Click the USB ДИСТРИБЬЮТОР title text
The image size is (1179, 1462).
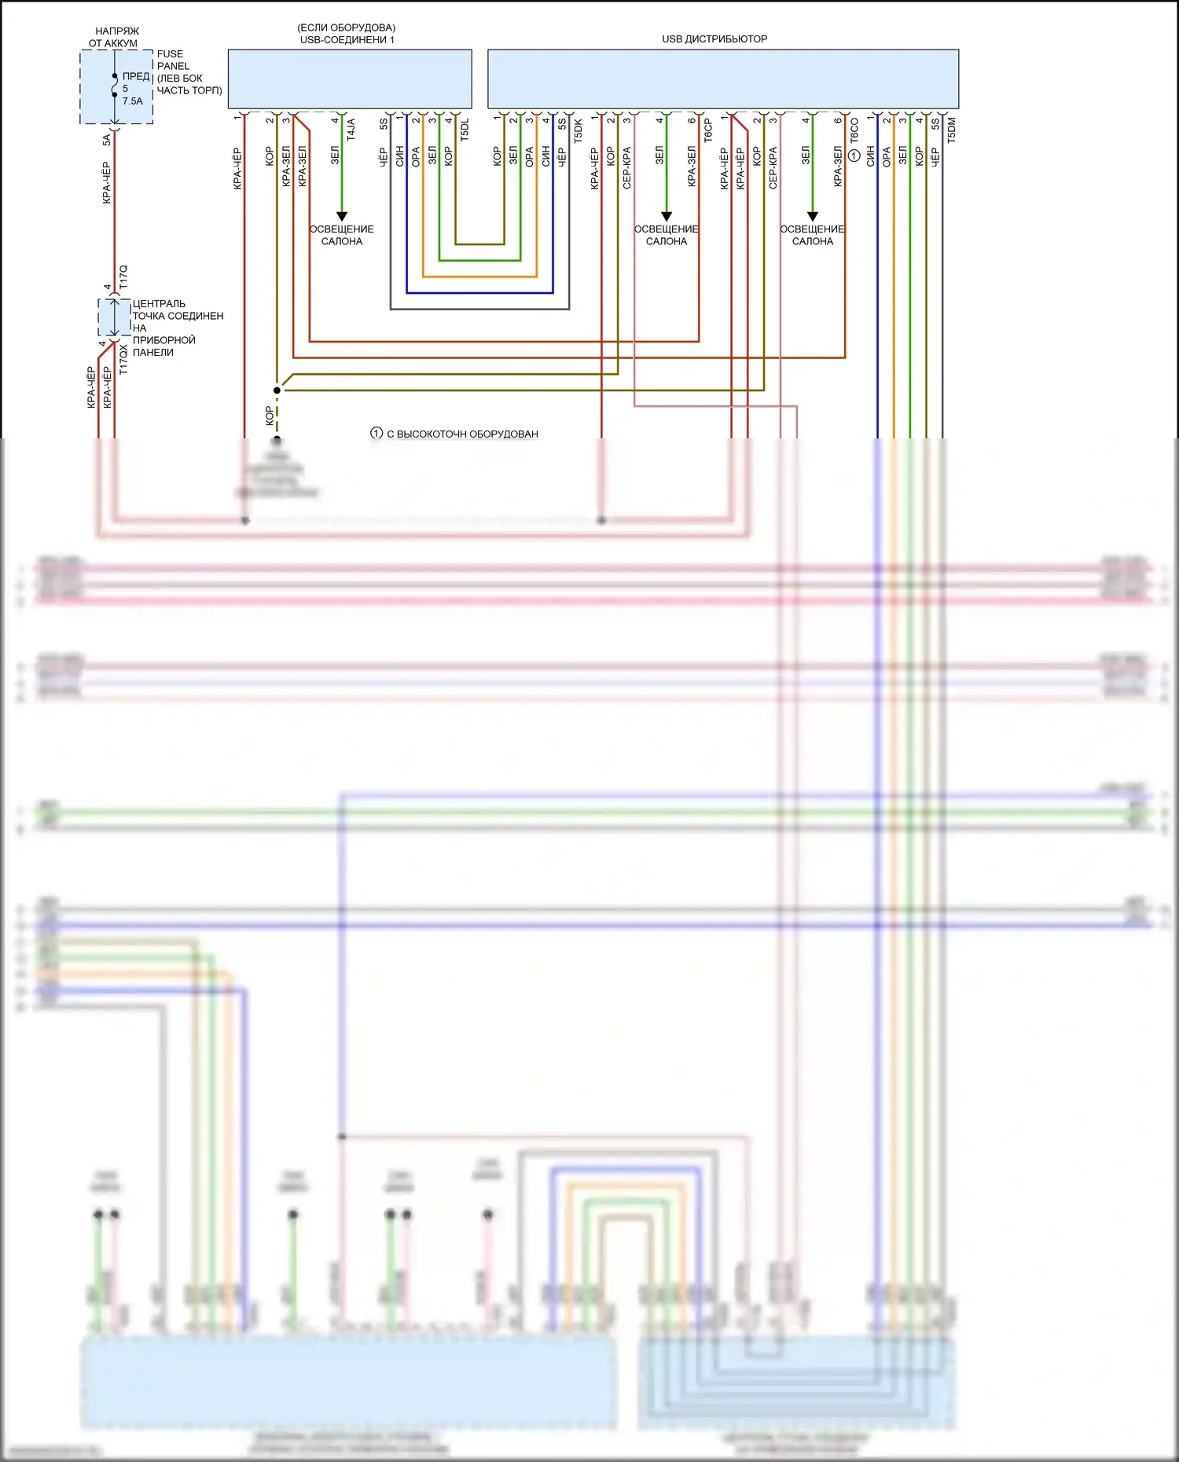pos(714,38)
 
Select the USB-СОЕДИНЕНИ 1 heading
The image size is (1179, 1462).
pos(347,39)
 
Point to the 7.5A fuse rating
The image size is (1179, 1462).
pos(133,101)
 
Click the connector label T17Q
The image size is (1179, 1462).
pos(123,277)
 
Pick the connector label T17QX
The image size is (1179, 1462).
pos(123,359)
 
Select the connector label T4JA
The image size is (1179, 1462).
pos(351,130)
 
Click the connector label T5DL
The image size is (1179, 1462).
pos(465,130)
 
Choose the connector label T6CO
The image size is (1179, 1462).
pos(854,130)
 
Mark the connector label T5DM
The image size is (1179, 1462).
pos(952,130)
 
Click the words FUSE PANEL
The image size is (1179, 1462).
pos(173,60)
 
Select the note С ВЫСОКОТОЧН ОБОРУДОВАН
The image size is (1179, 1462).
pos(462,434)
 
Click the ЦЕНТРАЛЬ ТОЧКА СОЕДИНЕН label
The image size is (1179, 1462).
pos(178,310)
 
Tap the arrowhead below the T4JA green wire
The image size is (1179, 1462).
pos(342,216)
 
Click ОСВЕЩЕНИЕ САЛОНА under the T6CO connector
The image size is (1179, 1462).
pos(812,235)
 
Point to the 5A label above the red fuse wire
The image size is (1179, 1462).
pos(107,140)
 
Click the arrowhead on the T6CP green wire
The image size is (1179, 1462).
pos(667,216)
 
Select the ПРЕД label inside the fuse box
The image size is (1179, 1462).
pos(136,76)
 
